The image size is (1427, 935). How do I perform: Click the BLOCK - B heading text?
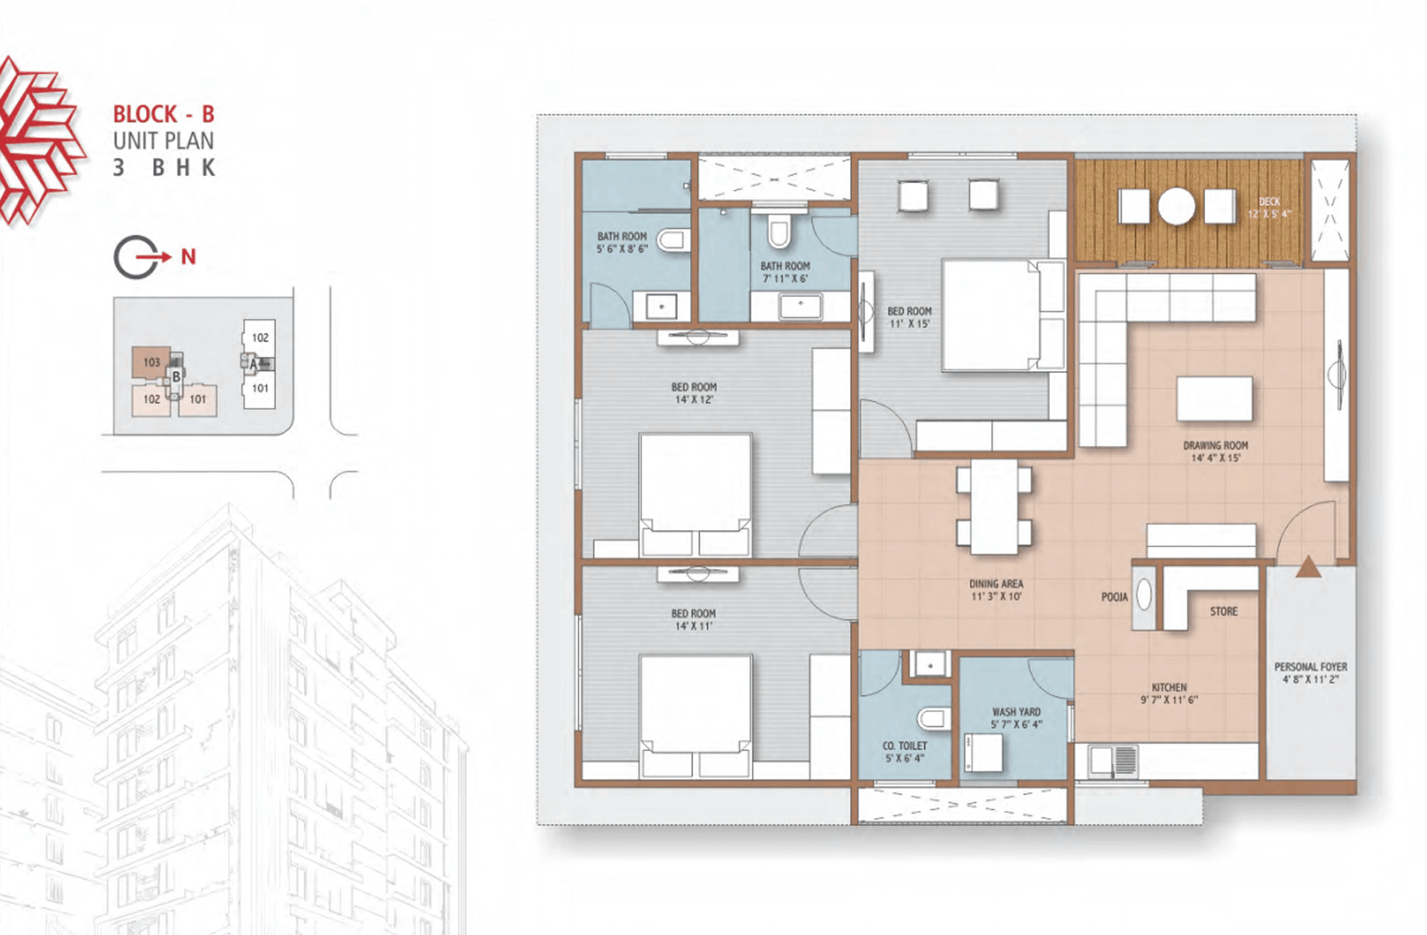point(164,114)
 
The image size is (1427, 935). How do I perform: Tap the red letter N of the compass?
point(188,257)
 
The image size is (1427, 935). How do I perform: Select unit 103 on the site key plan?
point(151,362)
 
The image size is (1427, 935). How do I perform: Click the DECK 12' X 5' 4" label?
point(1269,208)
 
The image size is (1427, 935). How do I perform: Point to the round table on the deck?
point(1176,206)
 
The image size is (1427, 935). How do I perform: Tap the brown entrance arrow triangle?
point(1307,567)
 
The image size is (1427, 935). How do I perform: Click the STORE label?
point(1224,611)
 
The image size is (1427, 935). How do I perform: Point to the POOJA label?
point(1114,597)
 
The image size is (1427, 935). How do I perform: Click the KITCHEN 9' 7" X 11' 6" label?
point(1169,693)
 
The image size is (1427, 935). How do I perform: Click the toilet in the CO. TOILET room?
point(933,719)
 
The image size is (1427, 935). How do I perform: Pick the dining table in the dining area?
point(994,506)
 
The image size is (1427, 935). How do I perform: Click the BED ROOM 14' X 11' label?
point(693,619)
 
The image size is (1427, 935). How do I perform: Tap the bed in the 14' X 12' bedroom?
point(696,494)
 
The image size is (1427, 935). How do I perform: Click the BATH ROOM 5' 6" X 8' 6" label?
point(622,242)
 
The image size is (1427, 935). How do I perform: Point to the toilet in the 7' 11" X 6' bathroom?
point(779,232)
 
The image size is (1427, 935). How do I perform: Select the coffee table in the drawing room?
point(1214,398)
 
